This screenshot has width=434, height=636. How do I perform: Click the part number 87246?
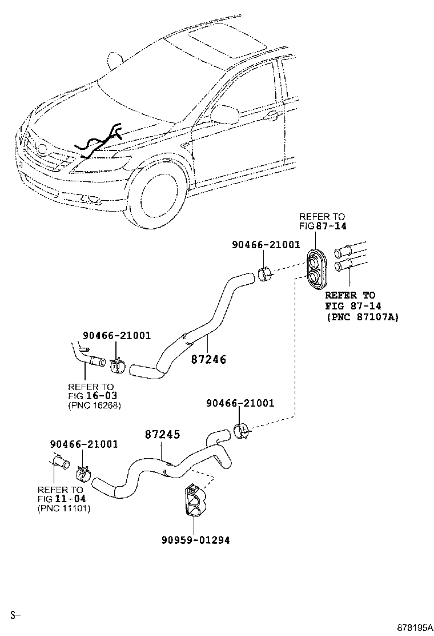click(209, 360)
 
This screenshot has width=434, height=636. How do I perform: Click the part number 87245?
click(162, 435)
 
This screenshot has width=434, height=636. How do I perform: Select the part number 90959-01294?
click(195, 539)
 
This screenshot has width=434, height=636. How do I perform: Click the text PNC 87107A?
click(362, 317)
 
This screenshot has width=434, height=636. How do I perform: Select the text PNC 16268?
click(94, 406)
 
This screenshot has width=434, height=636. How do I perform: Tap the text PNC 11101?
click(63, 508)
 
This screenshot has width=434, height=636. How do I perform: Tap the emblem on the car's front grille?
click(42, 148)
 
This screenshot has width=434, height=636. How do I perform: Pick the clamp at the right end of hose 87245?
click(242, 430)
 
